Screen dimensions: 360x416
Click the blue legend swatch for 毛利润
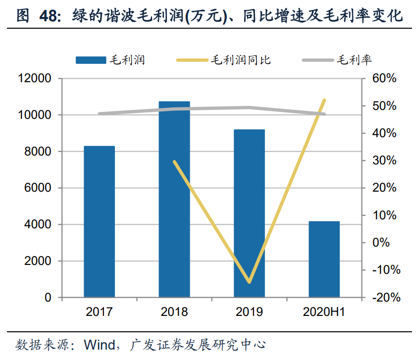point(91,60)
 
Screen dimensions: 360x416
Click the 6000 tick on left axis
point(38,188)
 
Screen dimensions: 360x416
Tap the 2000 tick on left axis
point(38,261)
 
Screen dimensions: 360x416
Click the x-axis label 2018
point(174,312)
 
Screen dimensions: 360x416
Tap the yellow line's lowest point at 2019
point(249,282)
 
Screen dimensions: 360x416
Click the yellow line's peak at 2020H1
point(324,101)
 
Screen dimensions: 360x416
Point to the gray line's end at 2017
point(99,113)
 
